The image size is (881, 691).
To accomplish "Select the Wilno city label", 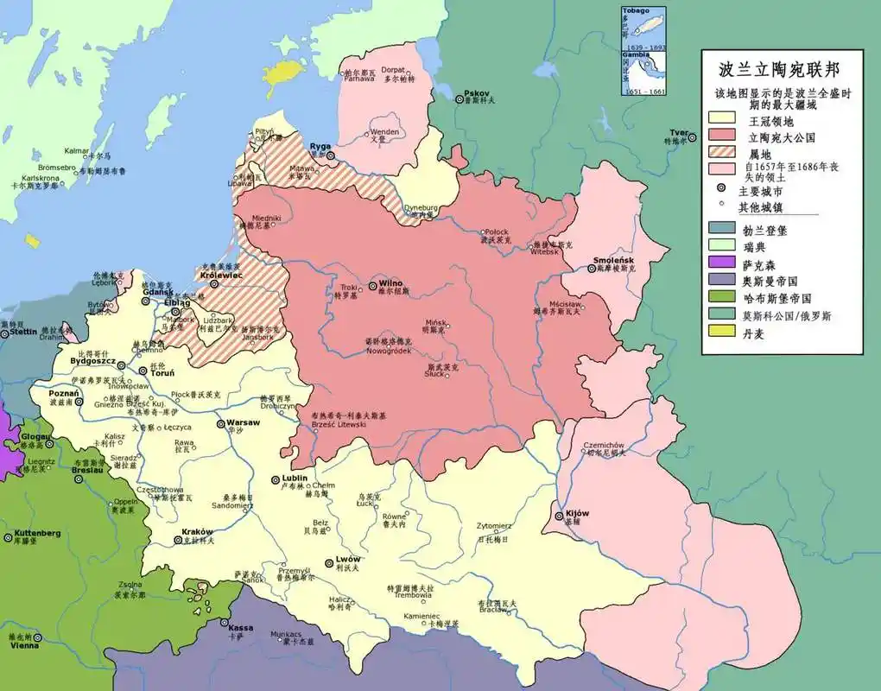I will point(391,283).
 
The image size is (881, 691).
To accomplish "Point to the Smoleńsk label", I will point(613,260).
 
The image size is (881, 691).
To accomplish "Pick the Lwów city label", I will point(347,559).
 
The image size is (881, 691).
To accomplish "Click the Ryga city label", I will point(320,145).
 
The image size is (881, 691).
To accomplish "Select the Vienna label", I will point(23,644).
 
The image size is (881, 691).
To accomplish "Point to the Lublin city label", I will point(295,478).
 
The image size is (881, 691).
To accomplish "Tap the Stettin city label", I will point(23,331).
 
